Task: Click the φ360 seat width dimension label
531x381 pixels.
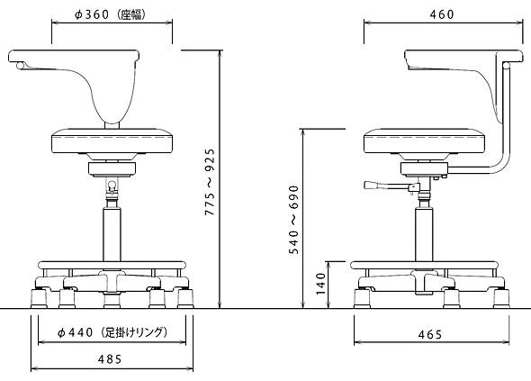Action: coord(110,15)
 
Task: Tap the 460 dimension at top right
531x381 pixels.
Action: coord(442,14)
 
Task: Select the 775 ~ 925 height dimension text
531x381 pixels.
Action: coord(210,182)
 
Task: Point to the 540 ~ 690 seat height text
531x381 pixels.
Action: coord(293,220)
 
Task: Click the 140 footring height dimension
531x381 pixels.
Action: coord(320,285)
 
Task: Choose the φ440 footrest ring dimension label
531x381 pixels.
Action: coord(112,332)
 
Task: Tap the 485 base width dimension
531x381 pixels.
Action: coord(110,359)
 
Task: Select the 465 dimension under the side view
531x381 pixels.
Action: coord(430,335)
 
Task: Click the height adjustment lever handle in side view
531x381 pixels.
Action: coord(373,185)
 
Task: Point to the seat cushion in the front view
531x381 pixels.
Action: coord(112,141)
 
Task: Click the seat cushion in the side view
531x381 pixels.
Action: coord(425,141)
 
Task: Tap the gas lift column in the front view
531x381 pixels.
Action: coord(112,235)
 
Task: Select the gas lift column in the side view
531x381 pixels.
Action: coord(424,235)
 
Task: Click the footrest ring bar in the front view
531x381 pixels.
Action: coord(112,265)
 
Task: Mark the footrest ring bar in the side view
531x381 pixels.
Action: coord(424,265)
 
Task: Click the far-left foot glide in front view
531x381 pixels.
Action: coord(39,298)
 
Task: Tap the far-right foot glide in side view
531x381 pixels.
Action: coord(501,298)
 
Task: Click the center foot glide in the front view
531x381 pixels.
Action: coord(112,300)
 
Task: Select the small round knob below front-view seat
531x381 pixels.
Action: coord(112,185)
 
